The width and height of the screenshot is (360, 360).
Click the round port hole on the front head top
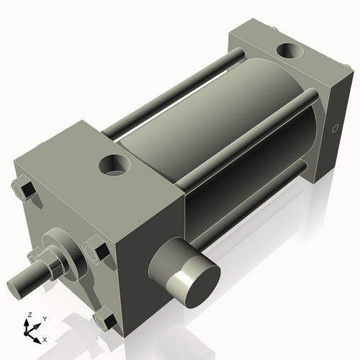[x=113, y=165]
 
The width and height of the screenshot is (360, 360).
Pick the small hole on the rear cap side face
[x=333, y=130]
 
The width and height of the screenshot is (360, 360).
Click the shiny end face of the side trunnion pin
[x=192, y=279]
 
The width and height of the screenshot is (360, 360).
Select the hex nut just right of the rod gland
[x=99, y=252]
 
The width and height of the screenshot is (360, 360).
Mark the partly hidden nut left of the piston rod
[x=34, y=256]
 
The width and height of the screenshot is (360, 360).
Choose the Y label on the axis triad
[x=44, y=318]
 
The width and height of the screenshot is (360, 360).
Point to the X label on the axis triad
[x=45, y=338]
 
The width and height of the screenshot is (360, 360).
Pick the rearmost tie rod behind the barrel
[x=173, y=94]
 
